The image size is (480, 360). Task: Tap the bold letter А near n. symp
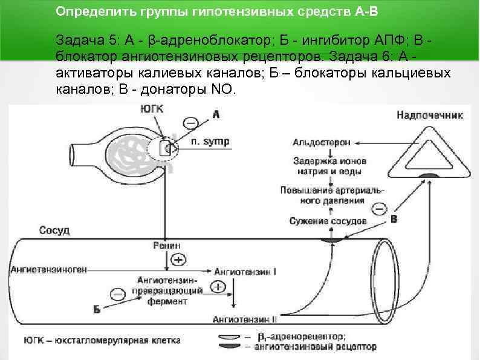click(x=216, y=113)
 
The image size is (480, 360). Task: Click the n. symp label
click(x=210, y=142)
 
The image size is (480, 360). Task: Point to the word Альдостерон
click(x=322, y=143)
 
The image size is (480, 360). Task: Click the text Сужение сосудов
click(x=328, y=221)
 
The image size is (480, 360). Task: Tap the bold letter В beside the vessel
click(x=394, y=219)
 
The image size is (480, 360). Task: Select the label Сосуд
click(x=54, y=231)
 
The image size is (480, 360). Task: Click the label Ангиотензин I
click(x=249, y=272)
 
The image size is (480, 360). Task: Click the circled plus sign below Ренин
click(x=178, y=260)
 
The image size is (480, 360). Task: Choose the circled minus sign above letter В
click(x=378, y=209)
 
